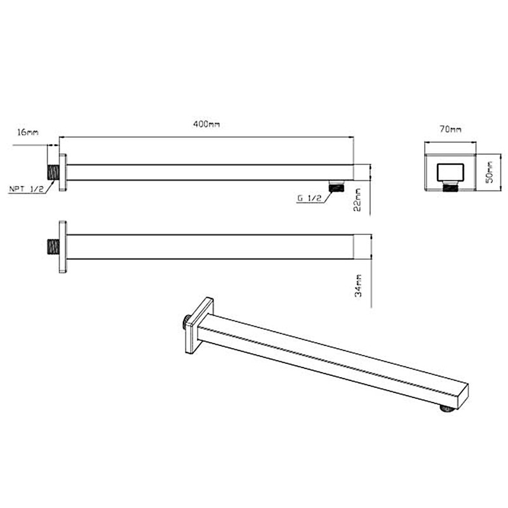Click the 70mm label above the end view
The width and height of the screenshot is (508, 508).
[450, 129]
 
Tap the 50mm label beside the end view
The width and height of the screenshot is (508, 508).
[489, 171]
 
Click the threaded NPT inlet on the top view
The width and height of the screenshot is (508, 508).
[54, 172]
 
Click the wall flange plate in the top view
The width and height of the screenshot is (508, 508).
[63, 172]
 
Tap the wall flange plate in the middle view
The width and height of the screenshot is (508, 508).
[63, 246]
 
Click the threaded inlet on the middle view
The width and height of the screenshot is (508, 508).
[54, 246]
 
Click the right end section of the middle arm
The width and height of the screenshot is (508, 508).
[361, 246]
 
